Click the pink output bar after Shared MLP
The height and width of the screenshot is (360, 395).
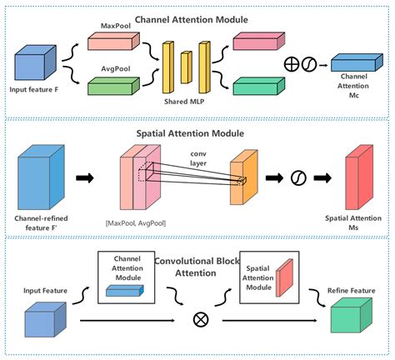coord(256,42)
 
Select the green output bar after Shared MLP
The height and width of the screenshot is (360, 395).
coord(256,83)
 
